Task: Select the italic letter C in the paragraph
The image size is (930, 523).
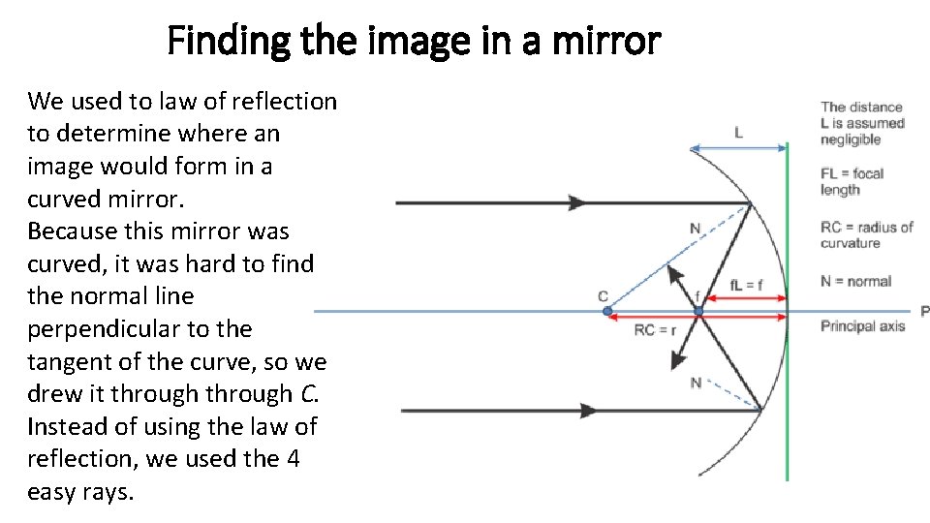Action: [x=308, y=394]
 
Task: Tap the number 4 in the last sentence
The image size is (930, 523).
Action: [x=293, y=458]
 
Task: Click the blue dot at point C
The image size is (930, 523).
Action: [x=607, y=311]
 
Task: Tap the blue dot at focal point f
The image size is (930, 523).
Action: [x=698, y=311]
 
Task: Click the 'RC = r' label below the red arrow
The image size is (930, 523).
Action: [x=656, y=330]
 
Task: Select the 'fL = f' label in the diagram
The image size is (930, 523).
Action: [x=746, y=285]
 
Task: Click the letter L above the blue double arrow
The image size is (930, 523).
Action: [x=739, y=133]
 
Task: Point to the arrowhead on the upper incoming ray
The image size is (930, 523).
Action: [x=577, y=203]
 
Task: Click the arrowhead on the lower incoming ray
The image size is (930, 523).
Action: [x=586, y=411]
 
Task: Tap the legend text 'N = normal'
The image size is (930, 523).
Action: [x=855, y=281]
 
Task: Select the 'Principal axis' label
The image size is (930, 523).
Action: [x=862, y=325]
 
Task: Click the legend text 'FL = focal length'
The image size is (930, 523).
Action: [x=852, y=181]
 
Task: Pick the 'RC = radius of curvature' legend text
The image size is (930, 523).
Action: [x=866, y=234]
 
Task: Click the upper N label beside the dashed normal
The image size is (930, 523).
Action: [x=695, y=229]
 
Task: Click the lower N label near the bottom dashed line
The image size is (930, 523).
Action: [x=695, y=384]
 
